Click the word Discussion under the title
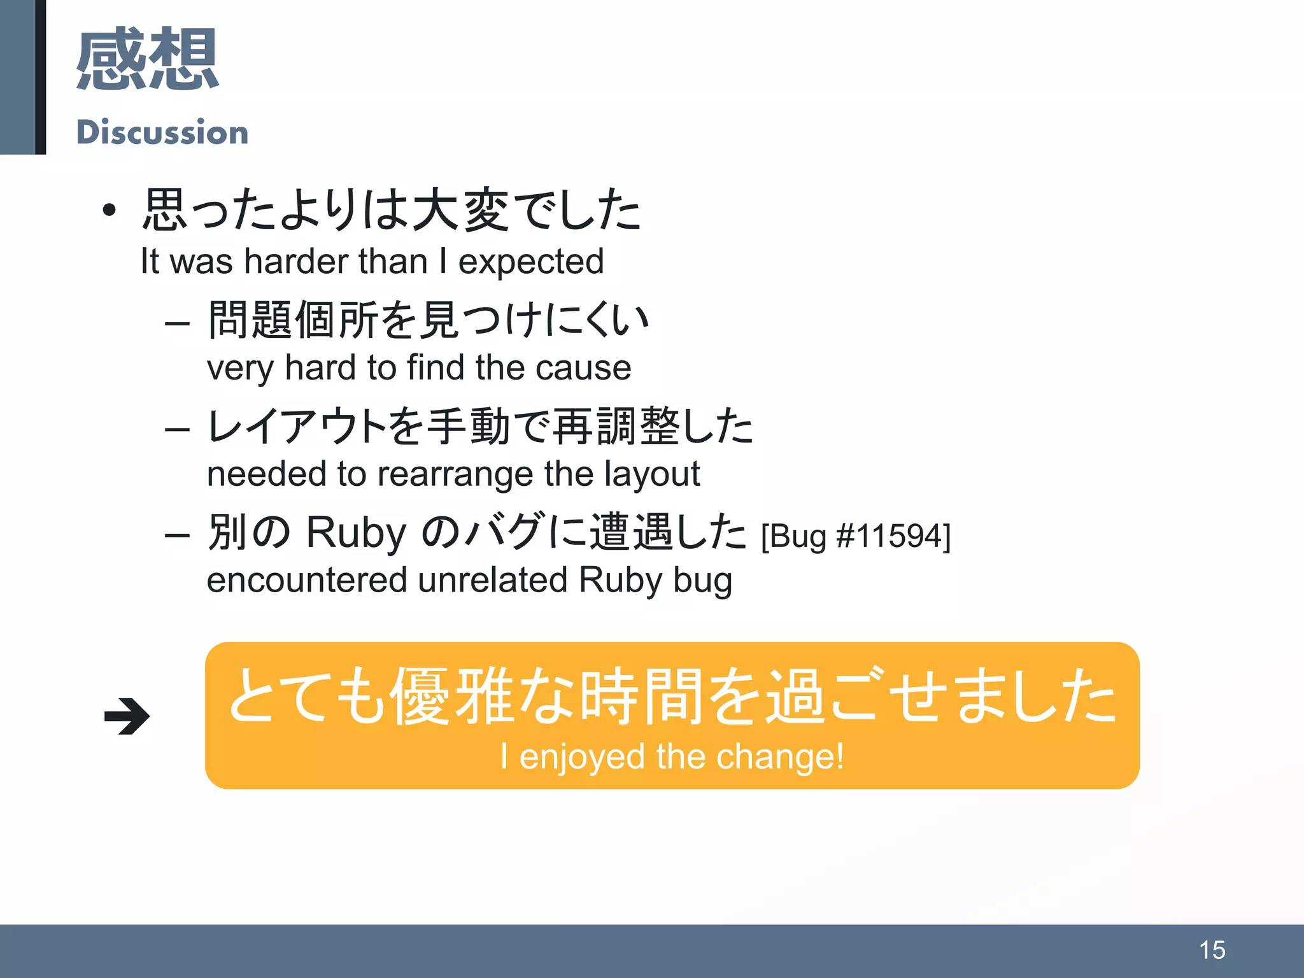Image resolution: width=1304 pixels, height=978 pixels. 162,132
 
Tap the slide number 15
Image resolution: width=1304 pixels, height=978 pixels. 1212,950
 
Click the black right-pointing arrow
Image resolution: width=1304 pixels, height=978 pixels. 127,716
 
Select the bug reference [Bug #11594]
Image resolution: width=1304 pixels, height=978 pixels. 856,535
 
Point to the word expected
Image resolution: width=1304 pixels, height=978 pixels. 531,262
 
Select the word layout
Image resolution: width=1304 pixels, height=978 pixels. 652,474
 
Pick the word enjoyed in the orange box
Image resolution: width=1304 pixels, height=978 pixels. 583,756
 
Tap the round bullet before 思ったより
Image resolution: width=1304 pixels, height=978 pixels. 110,209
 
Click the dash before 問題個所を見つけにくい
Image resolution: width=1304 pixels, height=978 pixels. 177,323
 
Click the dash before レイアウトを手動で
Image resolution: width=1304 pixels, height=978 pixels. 177,429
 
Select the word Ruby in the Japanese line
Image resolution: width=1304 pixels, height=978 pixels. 356,532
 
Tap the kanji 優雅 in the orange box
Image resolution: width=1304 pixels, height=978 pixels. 452,696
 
